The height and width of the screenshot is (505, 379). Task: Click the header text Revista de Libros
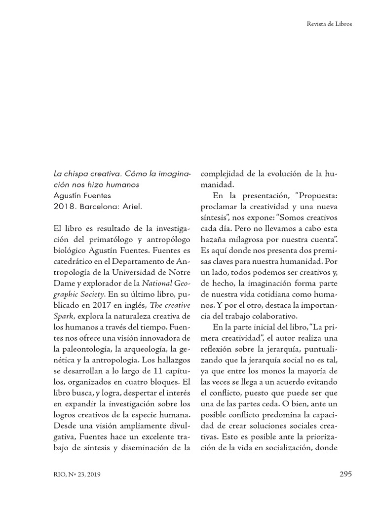[329, 24]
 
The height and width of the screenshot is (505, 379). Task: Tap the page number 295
[345, 474]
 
